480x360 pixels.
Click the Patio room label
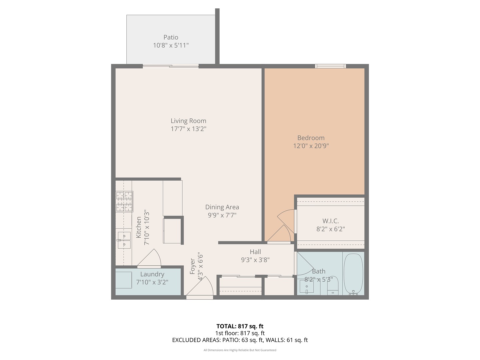click(171, 37)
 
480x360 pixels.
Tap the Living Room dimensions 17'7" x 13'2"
click(188, 129)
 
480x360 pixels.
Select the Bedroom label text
click(311, 138)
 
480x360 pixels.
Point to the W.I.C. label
click(330, 221)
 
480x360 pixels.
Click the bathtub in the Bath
click(353, 274)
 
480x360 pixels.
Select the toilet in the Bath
click(333, 287)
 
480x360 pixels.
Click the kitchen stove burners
click(124, 202)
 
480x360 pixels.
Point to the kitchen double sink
click(124, 240)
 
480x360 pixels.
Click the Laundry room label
click(152, 274)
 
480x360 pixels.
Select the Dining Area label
click(222, 207)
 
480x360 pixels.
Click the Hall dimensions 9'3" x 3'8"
click(255, 260)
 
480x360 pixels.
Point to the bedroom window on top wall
click(330, 66)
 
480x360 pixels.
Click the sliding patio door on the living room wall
click(171, 66)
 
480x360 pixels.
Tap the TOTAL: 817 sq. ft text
click(240, 326)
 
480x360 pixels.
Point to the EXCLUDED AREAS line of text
click(240, 340)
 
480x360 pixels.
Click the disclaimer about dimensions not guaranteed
click(240, 350)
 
